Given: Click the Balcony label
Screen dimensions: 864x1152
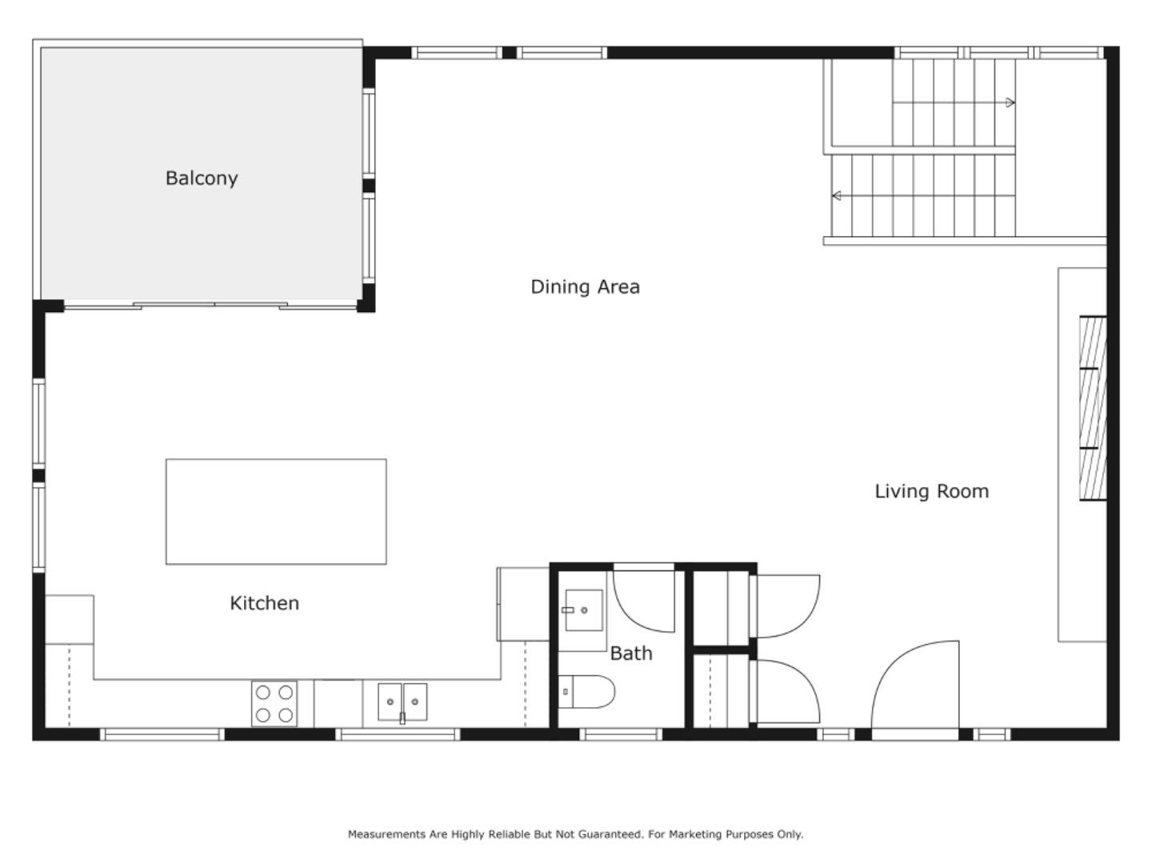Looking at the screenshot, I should coord(202,178).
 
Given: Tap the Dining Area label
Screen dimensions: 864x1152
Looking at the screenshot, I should coord(585,286).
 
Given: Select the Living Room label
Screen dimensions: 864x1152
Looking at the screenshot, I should coord(931,491).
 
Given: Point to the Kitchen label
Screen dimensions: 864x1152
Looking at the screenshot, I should coord(264,603).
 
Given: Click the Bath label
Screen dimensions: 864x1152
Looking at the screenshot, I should coord(631,654).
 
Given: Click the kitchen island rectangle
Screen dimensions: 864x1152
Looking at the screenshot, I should coord(276,512).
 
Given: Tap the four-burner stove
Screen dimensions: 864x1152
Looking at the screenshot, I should coord(274,704).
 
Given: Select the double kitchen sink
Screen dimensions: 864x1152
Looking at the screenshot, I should coord(402,702).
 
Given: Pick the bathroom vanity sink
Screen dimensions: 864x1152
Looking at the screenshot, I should coord(583,610).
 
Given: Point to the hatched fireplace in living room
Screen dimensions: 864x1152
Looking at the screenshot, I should coord(1093,409).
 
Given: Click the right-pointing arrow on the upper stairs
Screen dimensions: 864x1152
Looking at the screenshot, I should coord(1010,102).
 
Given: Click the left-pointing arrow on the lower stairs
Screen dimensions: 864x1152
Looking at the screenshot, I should coord(837,196).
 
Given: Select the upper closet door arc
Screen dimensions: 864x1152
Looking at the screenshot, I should coord(788,606).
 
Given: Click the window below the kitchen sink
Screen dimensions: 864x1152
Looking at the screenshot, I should coord(398,734).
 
